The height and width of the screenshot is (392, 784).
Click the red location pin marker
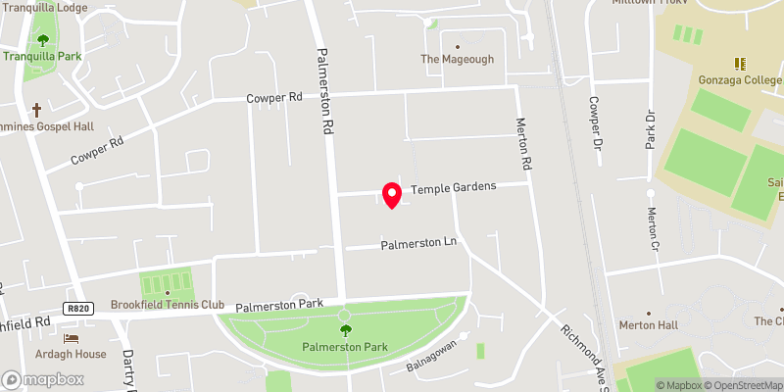(x=392, y=195)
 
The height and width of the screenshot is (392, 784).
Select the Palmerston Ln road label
(x=419, y=243)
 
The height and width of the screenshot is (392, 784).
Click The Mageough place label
(x=458, y=59)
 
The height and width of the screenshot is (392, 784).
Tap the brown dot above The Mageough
(x=458, y=45)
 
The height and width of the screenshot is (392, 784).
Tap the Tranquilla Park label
(x=42, y=56)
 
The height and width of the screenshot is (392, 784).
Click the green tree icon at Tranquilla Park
(x=42, y=40)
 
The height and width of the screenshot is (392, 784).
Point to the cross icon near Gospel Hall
(x=37, y=110)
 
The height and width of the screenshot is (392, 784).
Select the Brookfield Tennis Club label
(x=168, y=305)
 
